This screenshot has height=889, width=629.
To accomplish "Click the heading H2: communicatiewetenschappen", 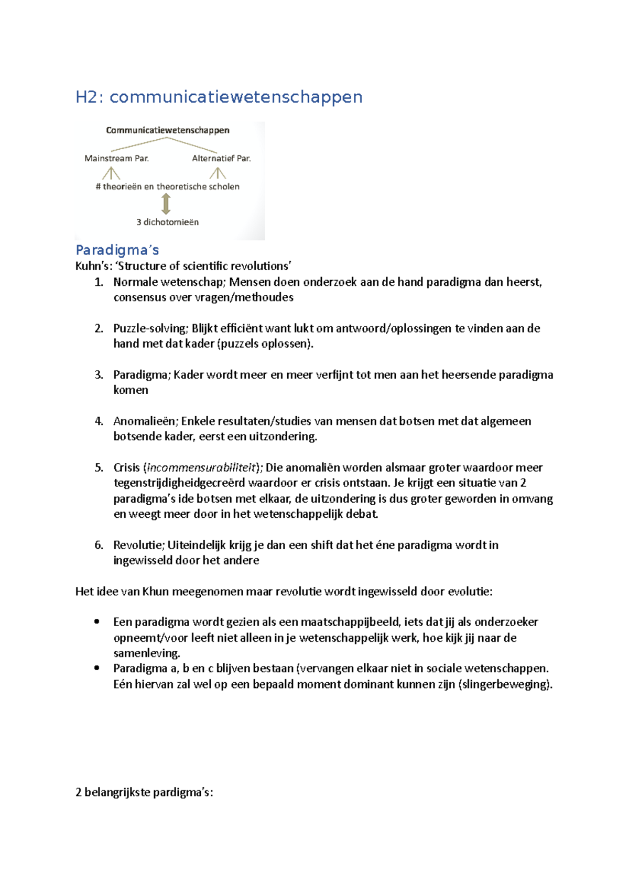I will pos(219,97).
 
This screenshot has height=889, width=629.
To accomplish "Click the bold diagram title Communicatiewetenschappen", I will pos(168,130).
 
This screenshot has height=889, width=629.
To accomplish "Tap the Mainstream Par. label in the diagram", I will pos(116,158).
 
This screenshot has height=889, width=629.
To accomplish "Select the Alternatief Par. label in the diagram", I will pos(221,158).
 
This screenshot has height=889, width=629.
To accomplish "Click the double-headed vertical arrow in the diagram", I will pos(166,204).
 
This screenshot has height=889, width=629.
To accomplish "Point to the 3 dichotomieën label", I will pos(168,222).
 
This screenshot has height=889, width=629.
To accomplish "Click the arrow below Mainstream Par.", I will pos(111,173).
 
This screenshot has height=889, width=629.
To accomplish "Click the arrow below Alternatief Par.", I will pos(218,173).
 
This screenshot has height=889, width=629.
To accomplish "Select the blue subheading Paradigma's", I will pos(117,250).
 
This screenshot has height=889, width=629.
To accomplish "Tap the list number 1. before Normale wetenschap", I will pos(99,282).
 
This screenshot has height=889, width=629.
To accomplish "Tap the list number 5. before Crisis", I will pos(99,468).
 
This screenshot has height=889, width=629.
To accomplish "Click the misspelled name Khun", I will pos(156,592).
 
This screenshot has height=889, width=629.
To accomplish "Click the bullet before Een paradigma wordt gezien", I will pos(96,622).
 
